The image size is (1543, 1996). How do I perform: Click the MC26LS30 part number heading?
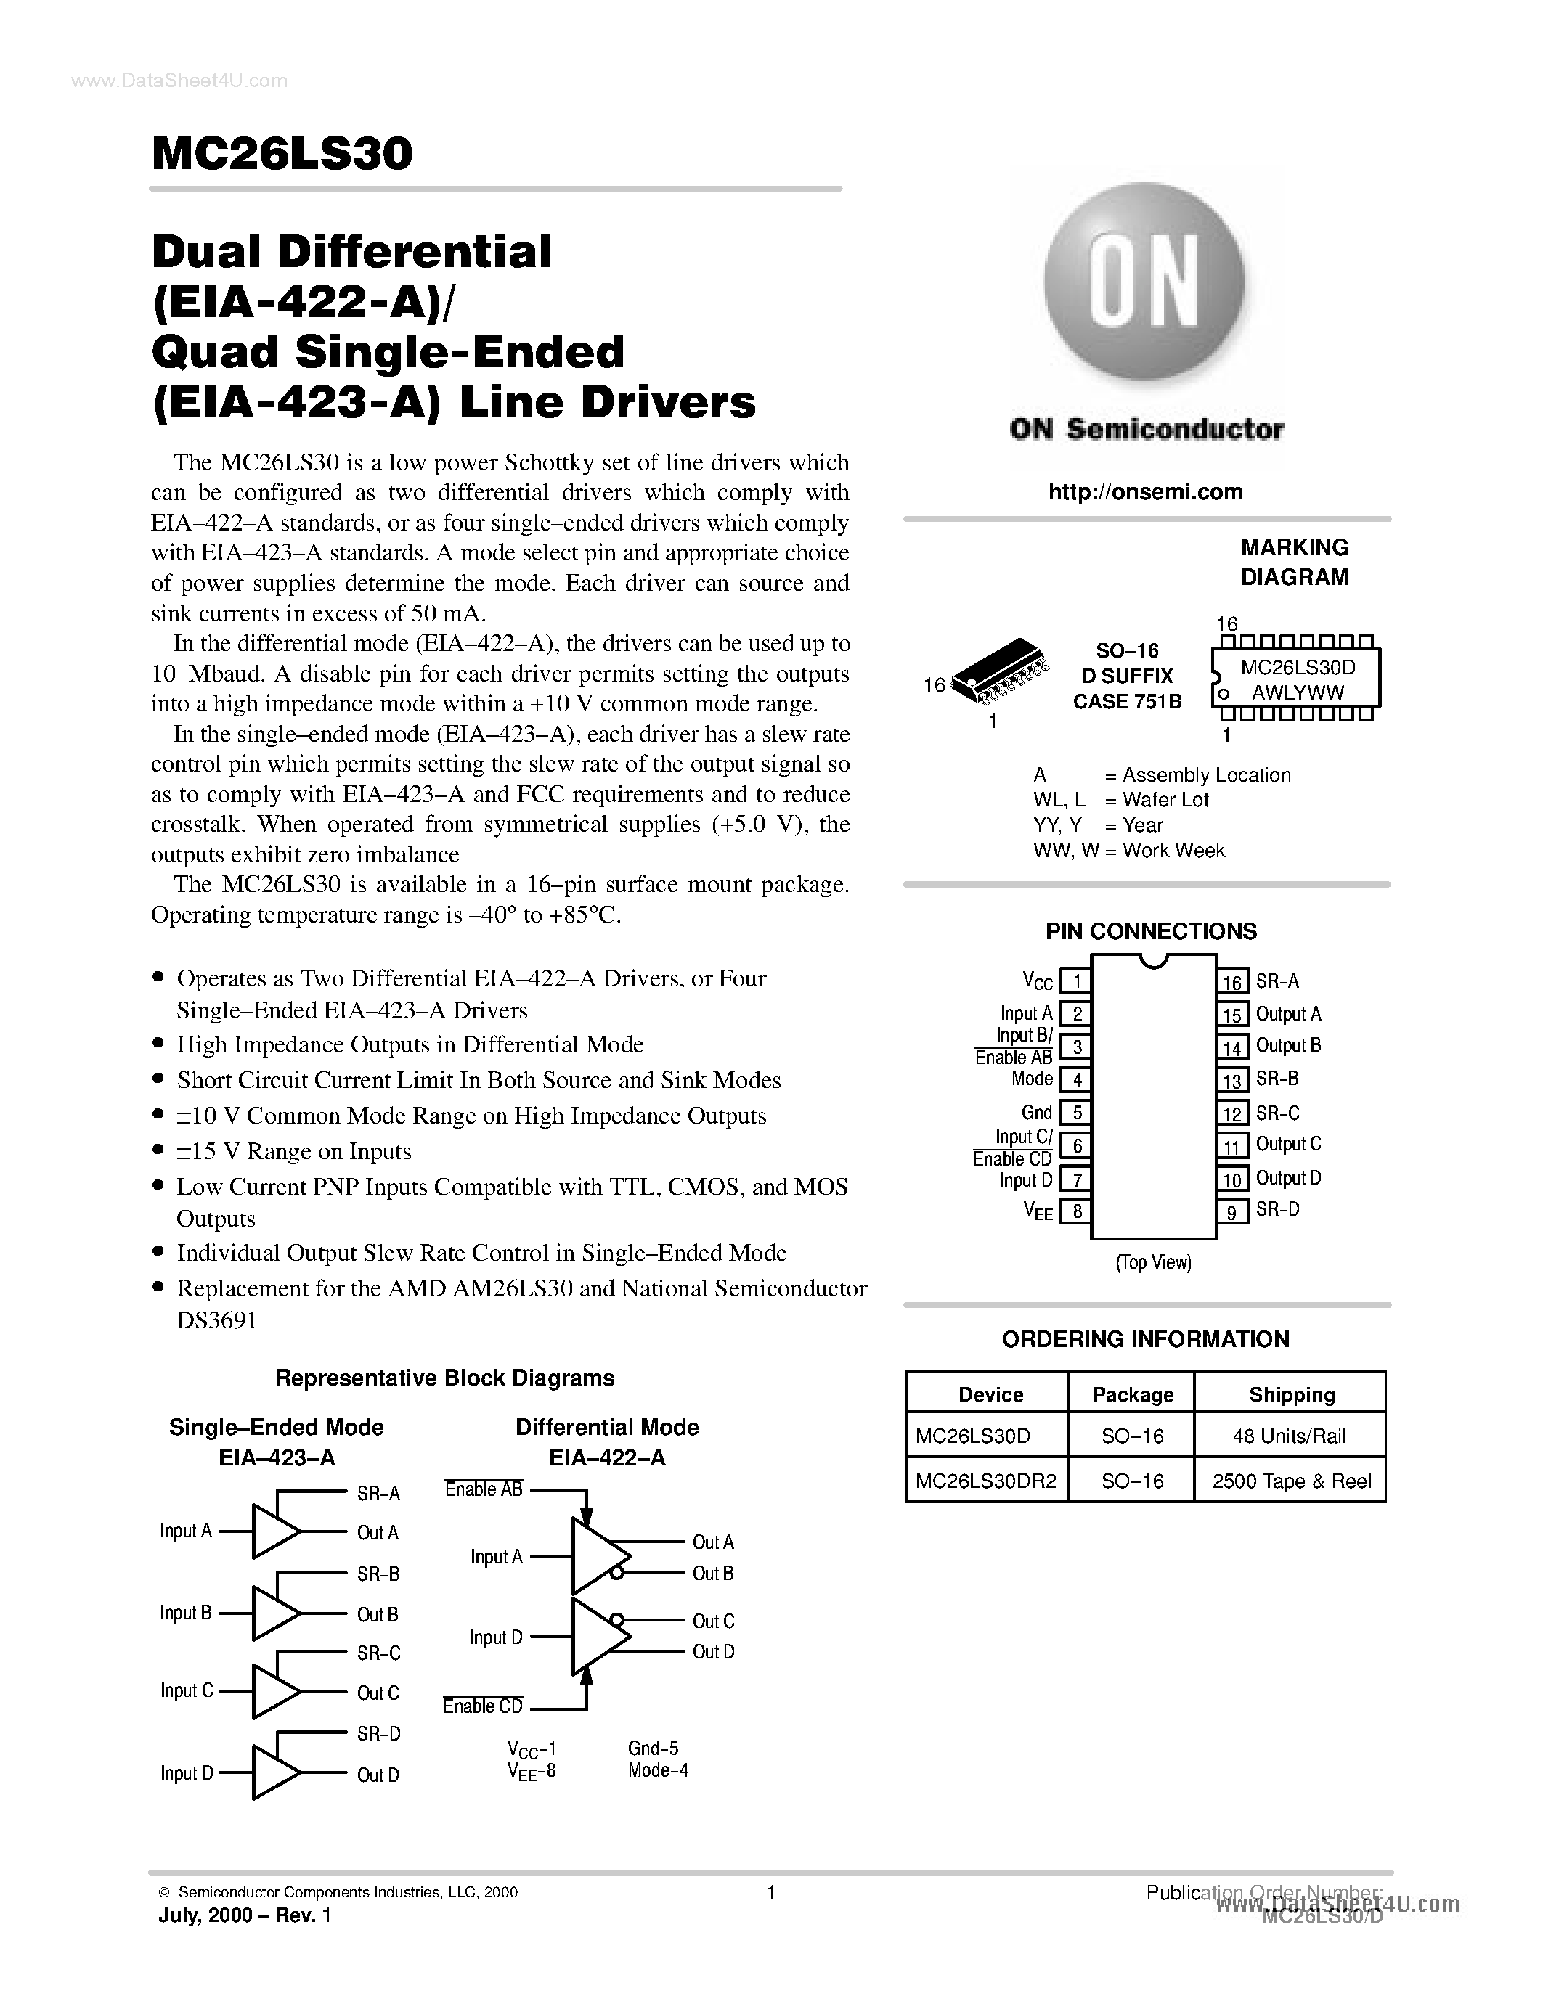point(282,154)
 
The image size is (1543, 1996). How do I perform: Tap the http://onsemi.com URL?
point(1144,491)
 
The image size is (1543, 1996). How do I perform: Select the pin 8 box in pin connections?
point(1077,1212)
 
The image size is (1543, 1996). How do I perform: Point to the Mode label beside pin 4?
point(1032,1079)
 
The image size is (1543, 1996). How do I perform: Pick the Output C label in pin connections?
point(1288,1144)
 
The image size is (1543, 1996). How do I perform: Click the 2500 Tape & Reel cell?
point(1291,1481)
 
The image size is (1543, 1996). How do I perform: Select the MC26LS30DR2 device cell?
point(985,1481)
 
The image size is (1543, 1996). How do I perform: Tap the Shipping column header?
point(1291,1394)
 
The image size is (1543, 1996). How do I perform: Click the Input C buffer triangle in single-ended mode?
point(273,1692)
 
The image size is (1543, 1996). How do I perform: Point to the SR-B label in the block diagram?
point(378,1574)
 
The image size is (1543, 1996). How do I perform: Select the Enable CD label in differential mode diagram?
point(483,1706)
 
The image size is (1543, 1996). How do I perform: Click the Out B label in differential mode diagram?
point(712,1573)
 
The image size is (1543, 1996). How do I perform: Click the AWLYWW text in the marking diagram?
point(1297,692)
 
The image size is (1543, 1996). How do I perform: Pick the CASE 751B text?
point(1126,701)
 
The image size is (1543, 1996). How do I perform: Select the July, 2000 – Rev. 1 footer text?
point(245,1915)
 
